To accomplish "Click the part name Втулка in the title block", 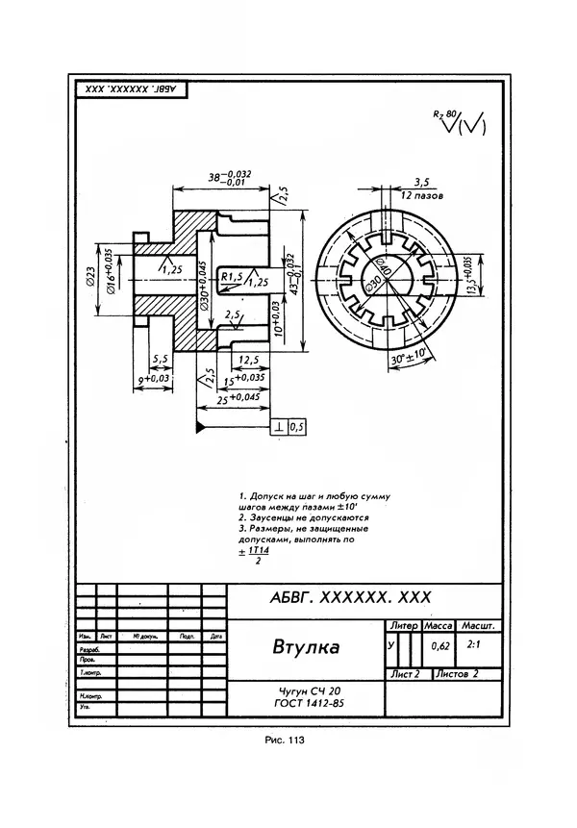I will pyautogui.click(x=305, y=646).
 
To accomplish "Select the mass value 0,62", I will pyautogui.click(x=440, y=646).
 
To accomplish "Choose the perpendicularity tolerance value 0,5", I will pyautogui.click(x=295, y=425).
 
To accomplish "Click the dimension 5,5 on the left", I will pyautogui.click(x=161, y=358).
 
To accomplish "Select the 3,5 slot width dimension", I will pyautogui.click(x=420, y=181).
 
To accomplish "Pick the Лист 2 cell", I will pyautogui.click(x=405, y=674).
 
